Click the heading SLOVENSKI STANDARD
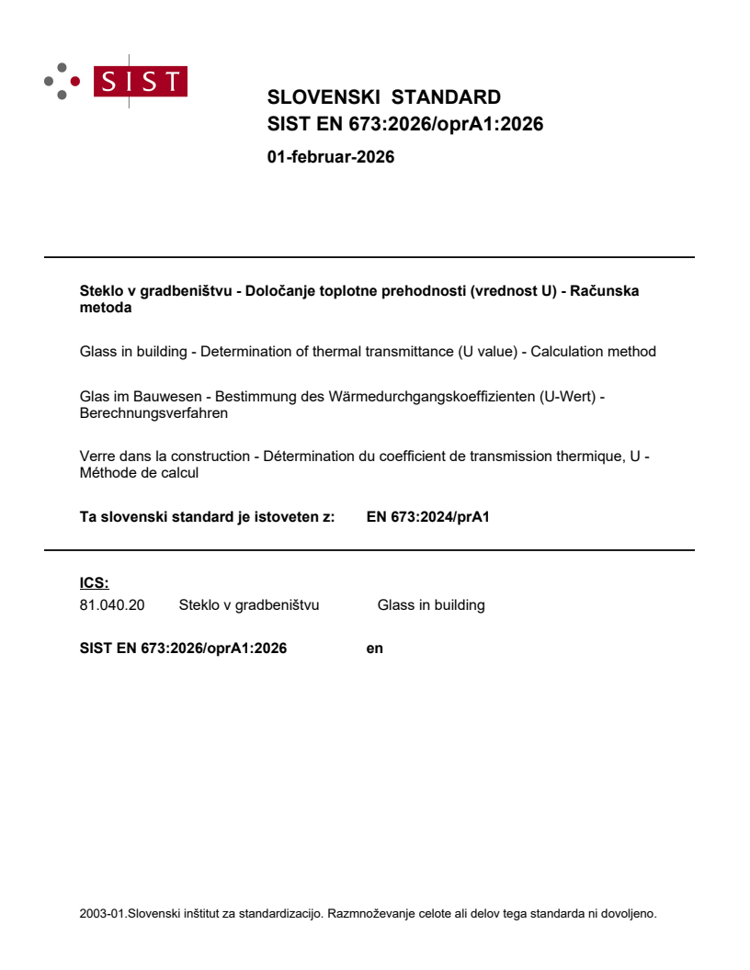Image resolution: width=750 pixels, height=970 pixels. [x=383, y=97]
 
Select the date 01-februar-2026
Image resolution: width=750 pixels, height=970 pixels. [x=330, y=157]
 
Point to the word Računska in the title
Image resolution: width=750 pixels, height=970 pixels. [x=605, y=291]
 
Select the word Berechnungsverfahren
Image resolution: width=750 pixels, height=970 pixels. [x=153, y=413]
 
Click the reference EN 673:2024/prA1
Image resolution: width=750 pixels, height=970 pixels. [x=427, y=516]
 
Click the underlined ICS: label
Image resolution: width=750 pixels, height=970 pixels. [x=94, y=582]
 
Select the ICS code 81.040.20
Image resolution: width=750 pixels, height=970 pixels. [x=112, y=604]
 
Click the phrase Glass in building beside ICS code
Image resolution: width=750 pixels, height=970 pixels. [x=430, y=604]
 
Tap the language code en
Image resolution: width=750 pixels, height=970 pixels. [x=374, y=648]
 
